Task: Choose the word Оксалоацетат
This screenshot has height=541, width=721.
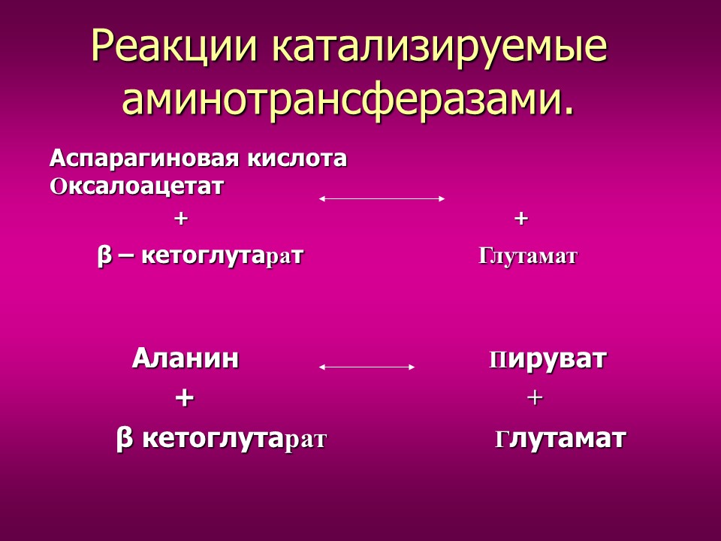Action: point(137,186)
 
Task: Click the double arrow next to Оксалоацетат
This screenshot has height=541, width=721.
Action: point(382,198)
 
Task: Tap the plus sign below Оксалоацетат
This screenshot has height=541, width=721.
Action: point(179,219)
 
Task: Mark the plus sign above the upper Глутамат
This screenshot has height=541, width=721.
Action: point(521,219)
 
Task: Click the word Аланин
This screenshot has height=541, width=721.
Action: point(186,359)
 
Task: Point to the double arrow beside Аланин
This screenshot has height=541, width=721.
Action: point(367,367)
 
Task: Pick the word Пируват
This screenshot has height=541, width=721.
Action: point(548,359)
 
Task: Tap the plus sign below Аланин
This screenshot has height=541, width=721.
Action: point(184,397)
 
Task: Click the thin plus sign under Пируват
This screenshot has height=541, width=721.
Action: point(535,398)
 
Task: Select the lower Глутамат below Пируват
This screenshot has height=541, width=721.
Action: point(560,439)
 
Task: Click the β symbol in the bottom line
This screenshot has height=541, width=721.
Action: point(125,440)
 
